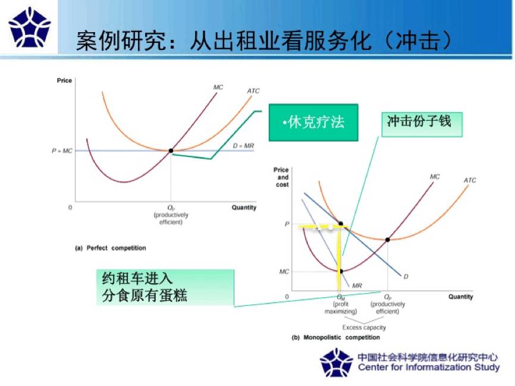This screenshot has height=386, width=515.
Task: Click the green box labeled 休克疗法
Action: click(x=313, y=123)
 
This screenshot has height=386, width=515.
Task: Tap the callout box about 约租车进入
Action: click(x=165, y=287)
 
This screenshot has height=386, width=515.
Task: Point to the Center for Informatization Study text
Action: click(x=428, y=367)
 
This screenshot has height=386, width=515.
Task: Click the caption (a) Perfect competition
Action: click(x=110, y=248)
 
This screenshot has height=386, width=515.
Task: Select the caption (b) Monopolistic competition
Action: click(x=335, y=338)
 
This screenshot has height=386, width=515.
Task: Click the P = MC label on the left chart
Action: click(x=61, y=151)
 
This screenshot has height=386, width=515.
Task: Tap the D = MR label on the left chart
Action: click(x=243, y=145)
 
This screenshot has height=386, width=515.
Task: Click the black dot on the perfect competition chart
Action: click(x=171, y=151)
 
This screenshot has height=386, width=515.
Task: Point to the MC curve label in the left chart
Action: click(x=218, y=87)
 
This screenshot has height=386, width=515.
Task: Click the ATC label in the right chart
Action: click(x=470, y=180)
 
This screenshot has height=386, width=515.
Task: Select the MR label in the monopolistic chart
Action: click(x=357, y=285)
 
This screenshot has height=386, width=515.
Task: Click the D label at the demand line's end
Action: click(x=406, y=276)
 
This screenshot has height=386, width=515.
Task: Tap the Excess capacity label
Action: click(x=364, y=327)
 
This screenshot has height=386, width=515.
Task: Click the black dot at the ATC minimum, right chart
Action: click(x=388, y=240)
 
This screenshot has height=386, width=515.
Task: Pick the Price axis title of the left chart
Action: click(x=64, y=81)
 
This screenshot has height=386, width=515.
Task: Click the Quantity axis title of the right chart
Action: click(x=460, y=296)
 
